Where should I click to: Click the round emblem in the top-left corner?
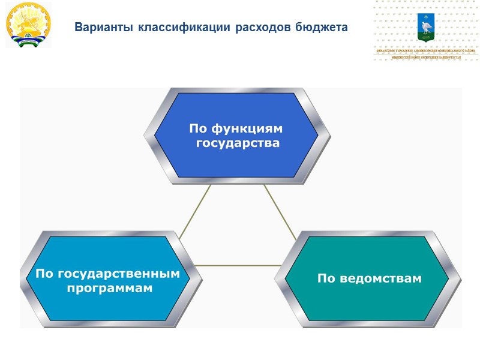point(28,25)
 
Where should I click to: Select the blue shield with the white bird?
point(427,28)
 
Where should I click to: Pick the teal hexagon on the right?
point(367,278)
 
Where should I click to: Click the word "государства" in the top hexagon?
point(238,144)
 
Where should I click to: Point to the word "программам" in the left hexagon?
point(110,289)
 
